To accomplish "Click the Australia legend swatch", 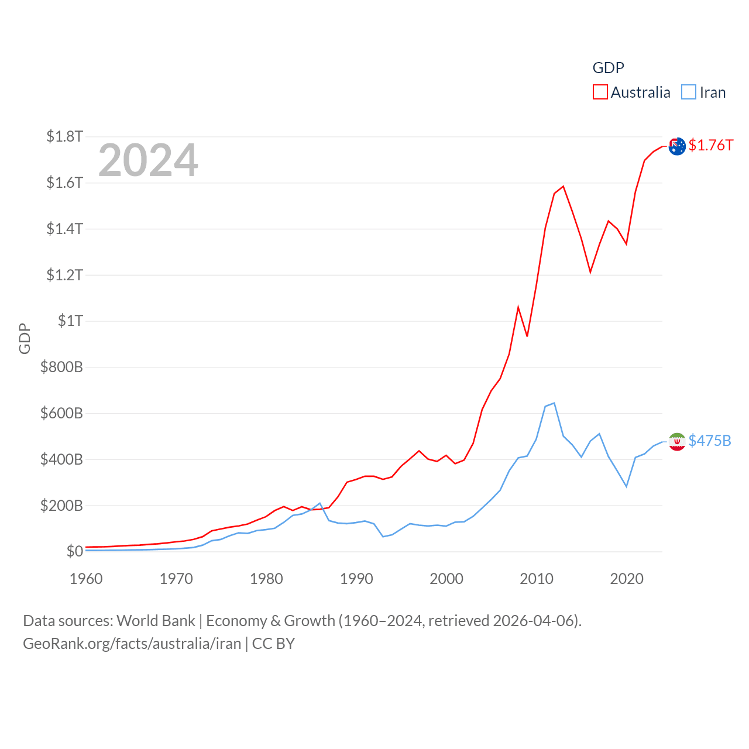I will point(600,92).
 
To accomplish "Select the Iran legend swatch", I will point(689,92).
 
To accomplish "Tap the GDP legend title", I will point(608,68).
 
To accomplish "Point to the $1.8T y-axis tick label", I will point(64,136).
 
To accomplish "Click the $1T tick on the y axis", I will point(70,321).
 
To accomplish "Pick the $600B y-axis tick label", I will point(61,413).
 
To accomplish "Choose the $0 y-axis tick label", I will point(74,551).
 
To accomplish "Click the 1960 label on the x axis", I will point(86,579).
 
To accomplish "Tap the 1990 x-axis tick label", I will point(356,579).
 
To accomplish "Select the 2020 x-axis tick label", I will point(627,579).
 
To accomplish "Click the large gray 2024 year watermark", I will point(148,160).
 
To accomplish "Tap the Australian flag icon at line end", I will point(677,146).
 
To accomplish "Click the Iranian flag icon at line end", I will point(677,442).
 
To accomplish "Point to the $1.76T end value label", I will point(710,145).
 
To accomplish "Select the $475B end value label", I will point(710,441).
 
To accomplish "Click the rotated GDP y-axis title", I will point(25,338).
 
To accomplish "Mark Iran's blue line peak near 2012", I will point(554,403).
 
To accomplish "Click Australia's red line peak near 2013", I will point(563,187).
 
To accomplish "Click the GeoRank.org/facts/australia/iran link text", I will point(132,644).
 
